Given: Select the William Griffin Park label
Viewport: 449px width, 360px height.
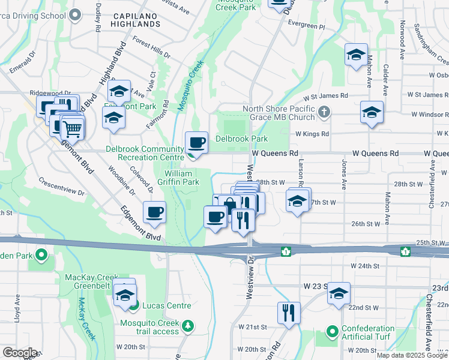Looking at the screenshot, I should click(182, 178).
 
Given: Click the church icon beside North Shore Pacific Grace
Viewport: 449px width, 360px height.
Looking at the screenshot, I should click(324, 112).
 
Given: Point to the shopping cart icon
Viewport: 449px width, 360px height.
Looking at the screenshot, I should click(72, 127).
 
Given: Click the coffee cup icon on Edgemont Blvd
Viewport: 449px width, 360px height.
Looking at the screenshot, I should click(155, 212).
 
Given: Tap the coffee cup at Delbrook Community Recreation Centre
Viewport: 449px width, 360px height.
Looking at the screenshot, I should click(197, 143).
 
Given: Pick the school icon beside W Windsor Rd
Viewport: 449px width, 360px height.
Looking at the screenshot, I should click(372, 112).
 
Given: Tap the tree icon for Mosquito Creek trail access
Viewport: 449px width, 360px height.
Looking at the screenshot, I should click(188, 325).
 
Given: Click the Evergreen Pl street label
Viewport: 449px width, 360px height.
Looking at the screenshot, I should click(306, 27).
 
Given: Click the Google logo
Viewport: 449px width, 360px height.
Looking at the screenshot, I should click(20, 353).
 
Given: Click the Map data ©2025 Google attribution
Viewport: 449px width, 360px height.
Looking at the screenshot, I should click(411, 355).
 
